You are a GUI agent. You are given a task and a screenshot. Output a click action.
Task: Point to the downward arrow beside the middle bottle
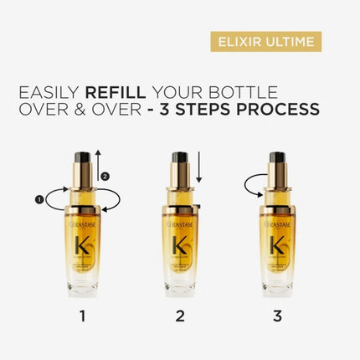(201, 172)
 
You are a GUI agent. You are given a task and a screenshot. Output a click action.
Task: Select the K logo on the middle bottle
(179, 249)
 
